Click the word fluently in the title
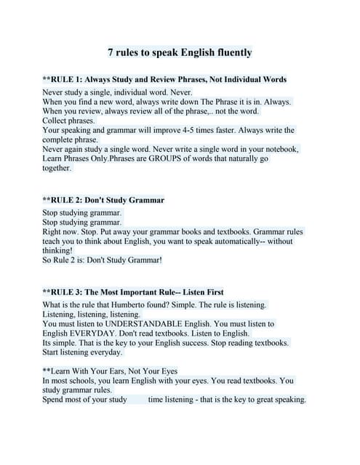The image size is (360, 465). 228,52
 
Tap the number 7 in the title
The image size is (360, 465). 111,52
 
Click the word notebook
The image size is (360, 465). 276,149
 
